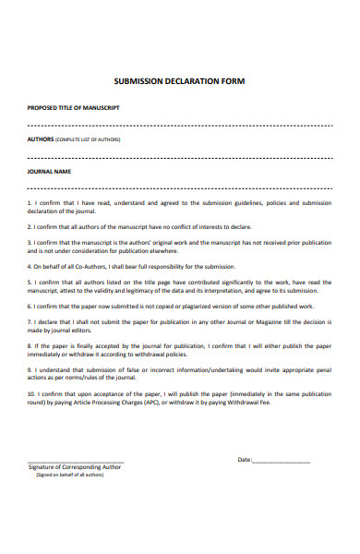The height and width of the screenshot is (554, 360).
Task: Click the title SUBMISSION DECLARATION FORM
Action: (179, 81)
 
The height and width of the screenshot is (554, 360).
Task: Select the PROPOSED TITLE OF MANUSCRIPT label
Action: (73, 108)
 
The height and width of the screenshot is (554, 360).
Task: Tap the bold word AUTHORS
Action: (41, 139)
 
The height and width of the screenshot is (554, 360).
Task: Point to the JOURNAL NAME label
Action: (50, 171)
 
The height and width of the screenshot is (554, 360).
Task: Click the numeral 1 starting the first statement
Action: (30, 201)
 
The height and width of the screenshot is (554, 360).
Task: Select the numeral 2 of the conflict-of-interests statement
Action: (30, 225)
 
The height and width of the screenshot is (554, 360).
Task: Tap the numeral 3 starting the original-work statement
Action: (30, 242)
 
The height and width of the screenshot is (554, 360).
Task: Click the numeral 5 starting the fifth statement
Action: (30, 282)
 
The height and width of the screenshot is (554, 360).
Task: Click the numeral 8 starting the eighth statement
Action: (30, 345)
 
